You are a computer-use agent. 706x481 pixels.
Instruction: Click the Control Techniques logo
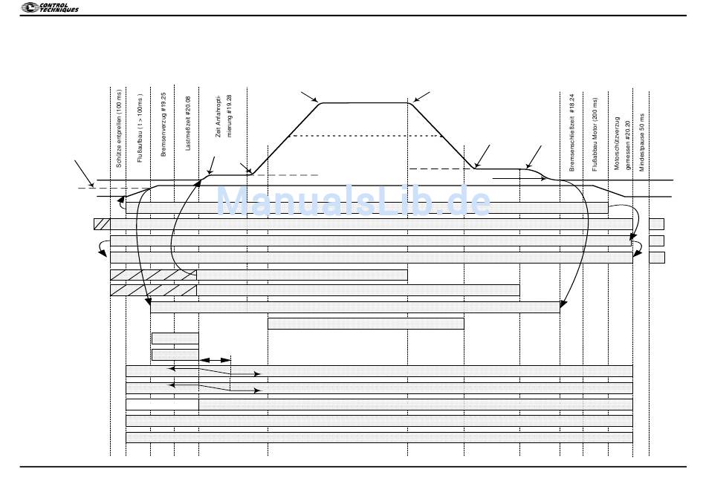tap(51, 7)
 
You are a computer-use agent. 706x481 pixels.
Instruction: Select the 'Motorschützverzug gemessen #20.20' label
tap(621, 144)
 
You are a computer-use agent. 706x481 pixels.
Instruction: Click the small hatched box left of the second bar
tap(102, 223)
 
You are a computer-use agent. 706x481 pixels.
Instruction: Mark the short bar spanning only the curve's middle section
tap(366, 323)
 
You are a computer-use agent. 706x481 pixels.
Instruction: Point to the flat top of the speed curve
tap(364, 103)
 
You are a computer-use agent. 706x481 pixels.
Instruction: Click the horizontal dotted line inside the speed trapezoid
tap(364, 136)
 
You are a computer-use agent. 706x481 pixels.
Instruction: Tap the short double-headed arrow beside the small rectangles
tap(216, 360)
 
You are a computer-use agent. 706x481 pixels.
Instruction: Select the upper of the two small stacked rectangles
tap(175, 338)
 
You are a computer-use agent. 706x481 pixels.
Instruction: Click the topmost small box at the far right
tap(656, 223)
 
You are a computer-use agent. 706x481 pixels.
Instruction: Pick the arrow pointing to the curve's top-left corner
tap(308, 96)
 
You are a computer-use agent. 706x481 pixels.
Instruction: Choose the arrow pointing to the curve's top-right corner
tap(421, 96)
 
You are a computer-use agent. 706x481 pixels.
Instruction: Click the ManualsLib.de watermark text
tap(354, 201)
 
